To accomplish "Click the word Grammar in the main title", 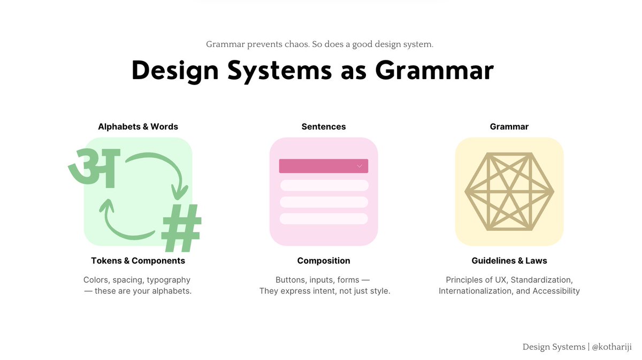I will tap(434, 71).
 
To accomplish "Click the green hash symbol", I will tap(182, 228).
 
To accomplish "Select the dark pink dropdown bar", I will tap(323, 166).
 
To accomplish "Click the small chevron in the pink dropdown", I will tap(360, 166).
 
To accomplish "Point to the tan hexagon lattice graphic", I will tap(509, 192).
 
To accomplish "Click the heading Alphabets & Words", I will tap(138, 127).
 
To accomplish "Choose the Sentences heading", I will tap(324, 127).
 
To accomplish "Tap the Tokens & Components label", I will tap(138, 261).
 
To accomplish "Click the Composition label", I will tap(324, 261).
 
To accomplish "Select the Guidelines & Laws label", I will tap(509, 261).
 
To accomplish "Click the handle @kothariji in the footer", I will tap(612, 347).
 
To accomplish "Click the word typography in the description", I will tap(169, 280).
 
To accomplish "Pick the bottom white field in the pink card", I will tap(324, 219).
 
